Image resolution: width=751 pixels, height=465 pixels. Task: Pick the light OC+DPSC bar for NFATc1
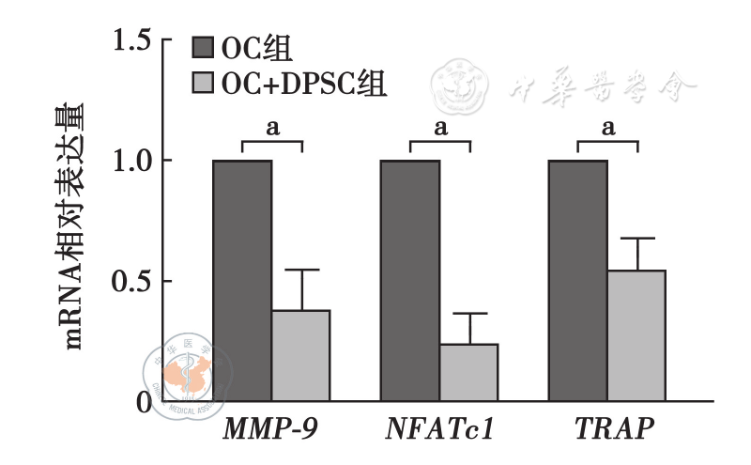pos(468,372)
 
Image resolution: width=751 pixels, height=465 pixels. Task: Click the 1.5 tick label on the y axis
pos(130,40)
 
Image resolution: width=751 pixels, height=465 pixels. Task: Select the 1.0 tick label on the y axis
pos(130,161)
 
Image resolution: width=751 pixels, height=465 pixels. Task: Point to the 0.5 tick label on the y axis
pos(130,281)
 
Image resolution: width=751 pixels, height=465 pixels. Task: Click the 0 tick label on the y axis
pos(144,401)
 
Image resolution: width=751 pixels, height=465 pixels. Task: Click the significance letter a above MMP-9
pos(272,128)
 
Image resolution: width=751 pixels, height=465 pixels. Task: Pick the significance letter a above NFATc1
pos(439,128)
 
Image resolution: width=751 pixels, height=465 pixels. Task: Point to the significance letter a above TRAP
pos(607,128)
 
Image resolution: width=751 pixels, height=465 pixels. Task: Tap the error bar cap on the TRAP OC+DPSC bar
pos(636,239)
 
